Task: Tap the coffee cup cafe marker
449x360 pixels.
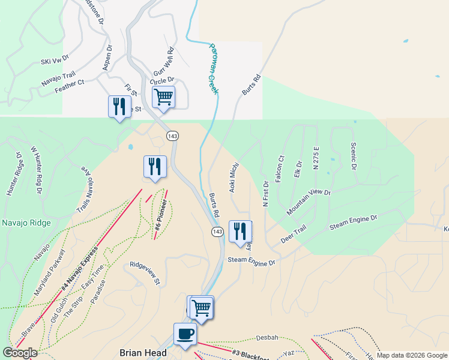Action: click(184, 334)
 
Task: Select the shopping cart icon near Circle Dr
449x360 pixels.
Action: click(163, 97)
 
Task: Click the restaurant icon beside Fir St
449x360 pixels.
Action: click(119, 107)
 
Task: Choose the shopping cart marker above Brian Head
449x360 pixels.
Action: click(201, 308)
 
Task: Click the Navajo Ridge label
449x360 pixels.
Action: click(26, 223)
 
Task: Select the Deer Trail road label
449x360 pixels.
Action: click(294, 235)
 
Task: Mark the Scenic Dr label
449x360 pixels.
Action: click(353, 156)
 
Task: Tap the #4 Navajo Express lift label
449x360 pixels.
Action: click(79, 271)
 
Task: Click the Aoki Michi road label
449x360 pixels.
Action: click(234, 176)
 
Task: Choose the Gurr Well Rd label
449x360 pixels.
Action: click(163, 62)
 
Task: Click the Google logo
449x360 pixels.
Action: click(20, 353)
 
